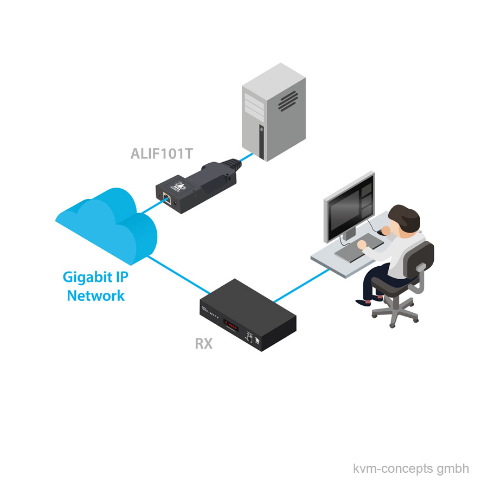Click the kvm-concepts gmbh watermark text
pyautogui.click(x=410, y=468)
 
